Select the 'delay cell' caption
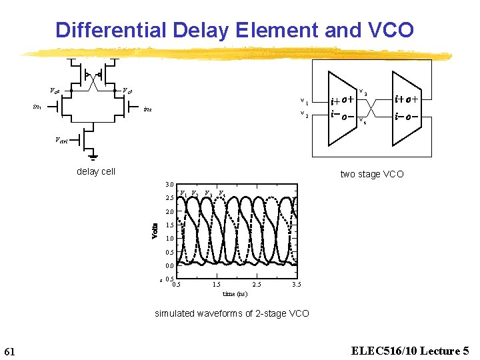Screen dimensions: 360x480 [96, 171]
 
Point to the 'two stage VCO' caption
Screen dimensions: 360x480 [372, 174]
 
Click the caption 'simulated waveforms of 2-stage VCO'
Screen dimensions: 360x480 [232, 313]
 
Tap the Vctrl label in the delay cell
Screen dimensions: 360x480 [62, 140]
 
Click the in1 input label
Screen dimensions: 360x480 [38, 106]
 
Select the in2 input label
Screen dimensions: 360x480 [148, 109]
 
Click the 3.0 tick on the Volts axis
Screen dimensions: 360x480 [169, 184]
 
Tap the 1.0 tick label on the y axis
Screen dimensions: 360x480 [169, 239]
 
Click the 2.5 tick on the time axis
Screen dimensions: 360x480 [257, 285]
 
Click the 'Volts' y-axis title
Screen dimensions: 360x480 [155, 231]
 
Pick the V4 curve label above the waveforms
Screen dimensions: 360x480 [222, 194]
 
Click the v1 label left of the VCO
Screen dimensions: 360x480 [305, 102]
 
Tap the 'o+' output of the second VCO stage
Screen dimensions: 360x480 [413, 99]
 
